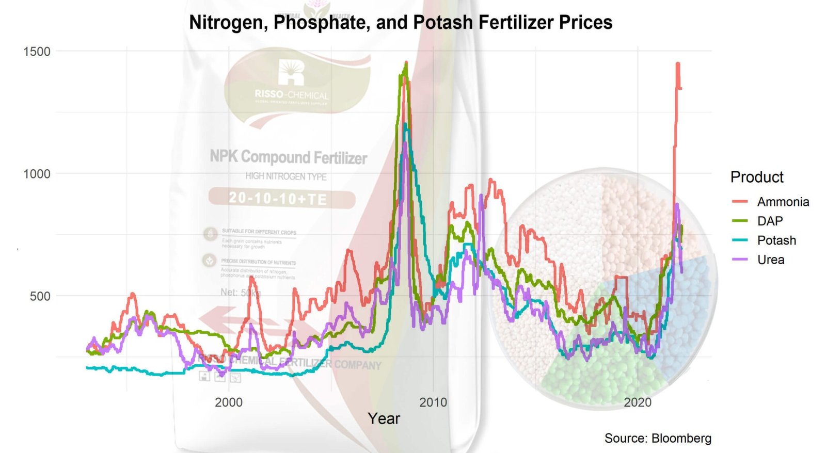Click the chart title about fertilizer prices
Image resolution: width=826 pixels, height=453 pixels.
point(401,23)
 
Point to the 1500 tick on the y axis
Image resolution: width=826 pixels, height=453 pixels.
point(37,52)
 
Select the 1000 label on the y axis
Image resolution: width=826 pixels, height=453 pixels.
point(37,174)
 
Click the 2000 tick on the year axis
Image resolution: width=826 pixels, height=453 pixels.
point(229,402)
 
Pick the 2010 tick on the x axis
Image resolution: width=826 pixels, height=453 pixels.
point(433,402)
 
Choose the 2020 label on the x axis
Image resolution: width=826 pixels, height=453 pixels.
point(638,402)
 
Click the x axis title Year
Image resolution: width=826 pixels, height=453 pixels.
point(384,418)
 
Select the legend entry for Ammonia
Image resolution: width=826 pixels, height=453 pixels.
point(783,202)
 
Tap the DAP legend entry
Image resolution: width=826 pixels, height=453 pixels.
point(770,221)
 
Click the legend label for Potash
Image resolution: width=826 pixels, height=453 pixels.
point(776,240)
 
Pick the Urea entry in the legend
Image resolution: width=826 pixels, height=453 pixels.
point(771,260)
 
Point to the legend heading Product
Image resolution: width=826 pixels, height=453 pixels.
point(757,177)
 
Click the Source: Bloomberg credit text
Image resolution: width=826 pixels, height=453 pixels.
point(658,439)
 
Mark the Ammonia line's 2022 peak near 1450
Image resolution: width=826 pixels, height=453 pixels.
point(678,64)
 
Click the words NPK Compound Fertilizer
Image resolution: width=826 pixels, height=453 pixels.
point(288,157)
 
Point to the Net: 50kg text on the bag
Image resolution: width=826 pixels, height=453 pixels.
point(241,293)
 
